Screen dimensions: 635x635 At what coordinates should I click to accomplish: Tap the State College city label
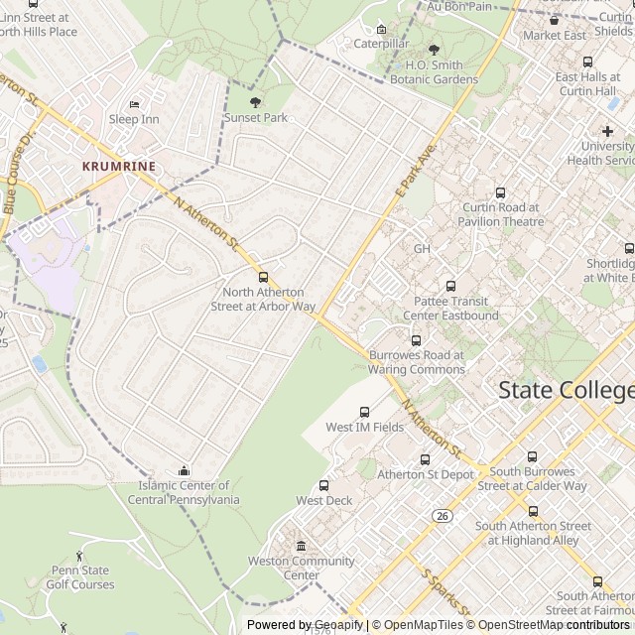click(566, 389)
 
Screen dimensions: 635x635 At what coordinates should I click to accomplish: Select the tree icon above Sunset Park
click(255, 101)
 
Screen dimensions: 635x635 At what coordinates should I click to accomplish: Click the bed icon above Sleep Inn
click(134, 103)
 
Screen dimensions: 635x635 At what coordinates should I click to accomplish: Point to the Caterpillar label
click(382, 44)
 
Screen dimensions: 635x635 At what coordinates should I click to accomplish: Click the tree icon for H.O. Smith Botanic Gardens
click(434, 50)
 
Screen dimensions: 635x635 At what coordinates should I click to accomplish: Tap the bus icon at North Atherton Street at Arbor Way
click(263, 277)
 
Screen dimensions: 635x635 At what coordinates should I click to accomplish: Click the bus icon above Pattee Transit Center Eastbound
click(451, 286)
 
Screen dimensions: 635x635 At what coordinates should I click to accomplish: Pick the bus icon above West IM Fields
click(364, 412)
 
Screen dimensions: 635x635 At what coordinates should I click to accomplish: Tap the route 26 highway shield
click(443, 515)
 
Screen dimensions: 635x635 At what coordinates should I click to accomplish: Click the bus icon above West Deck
click(324, 485)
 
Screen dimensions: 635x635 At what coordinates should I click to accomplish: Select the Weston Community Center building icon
click(302, 546)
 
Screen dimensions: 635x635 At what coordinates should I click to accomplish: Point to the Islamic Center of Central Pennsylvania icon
click(184, 470)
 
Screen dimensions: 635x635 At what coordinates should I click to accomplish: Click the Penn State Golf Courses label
click(80, 577)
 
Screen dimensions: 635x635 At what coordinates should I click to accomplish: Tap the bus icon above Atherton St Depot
click(426, 459)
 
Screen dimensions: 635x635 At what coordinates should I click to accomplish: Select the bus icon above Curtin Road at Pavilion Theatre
click(500, 193)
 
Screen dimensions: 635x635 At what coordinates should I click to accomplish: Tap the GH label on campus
click(423, 248)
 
